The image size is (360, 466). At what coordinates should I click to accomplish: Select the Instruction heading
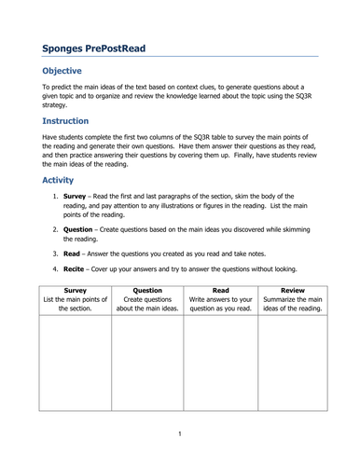point(72,121)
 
